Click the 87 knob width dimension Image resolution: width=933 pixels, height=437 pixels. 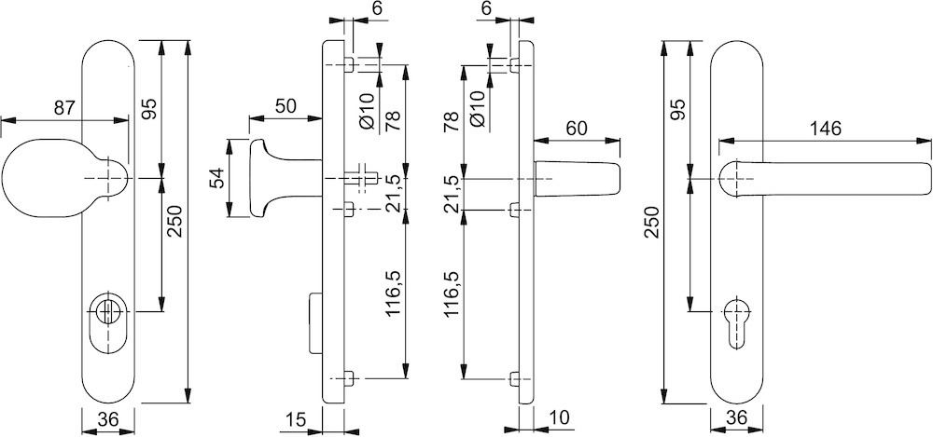(x=63, y=108)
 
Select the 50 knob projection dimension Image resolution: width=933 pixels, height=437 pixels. (x=286, y=105)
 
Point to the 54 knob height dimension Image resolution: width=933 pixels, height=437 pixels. (x=216, y=178)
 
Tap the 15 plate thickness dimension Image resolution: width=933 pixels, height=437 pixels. (x=297, y=421)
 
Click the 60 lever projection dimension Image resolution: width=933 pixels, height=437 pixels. (x=577, y=129)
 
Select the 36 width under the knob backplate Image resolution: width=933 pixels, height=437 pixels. (x=108, y=420)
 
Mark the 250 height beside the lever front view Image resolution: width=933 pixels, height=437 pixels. (x=652, y=224)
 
